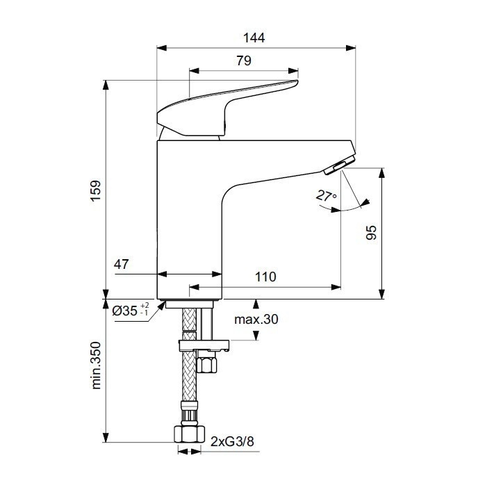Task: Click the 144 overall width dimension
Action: point(256,38)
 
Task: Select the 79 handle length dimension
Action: point(243,60)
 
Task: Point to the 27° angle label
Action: point(326,197)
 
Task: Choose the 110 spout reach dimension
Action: point(265,277)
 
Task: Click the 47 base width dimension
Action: point(122,265)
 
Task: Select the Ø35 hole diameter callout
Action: point(125,310)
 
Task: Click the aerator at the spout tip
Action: point(337,165)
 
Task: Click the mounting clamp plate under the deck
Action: point(204,344)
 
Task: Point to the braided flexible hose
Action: point(188,375)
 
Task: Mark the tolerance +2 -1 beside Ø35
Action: point(145,310)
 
